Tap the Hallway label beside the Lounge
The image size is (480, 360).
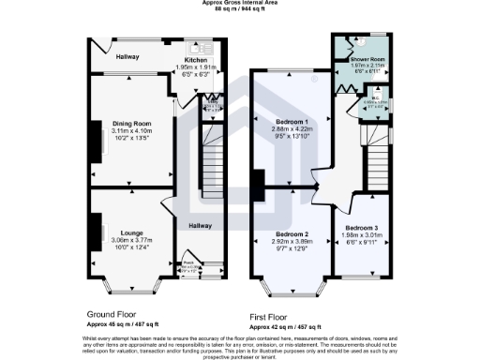(x=200, y=225)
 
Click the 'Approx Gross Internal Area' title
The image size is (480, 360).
(x=239, y=3)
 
